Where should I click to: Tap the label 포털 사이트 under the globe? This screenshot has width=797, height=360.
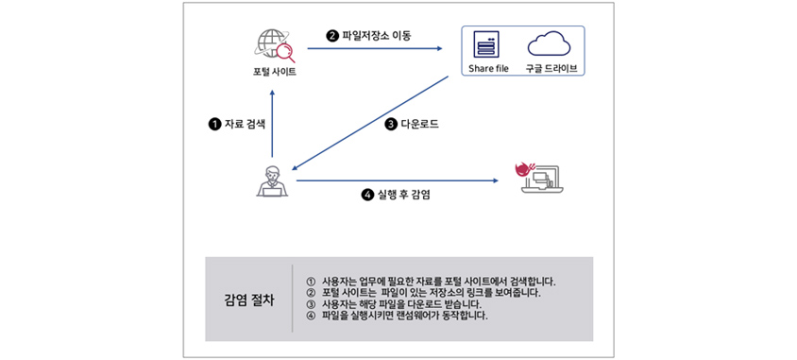(x=274, y=72)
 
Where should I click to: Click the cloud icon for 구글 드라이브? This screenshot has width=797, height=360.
(x=549, y=43)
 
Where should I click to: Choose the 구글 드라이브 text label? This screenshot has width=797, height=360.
(x=550, y=69)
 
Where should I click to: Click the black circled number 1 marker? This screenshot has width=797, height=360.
(x=214, y=124)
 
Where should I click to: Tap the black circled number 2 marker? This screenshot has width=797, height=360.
(x=331, y=36)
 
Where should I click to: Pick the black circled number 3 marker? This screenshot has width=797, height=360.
(x=391, y=124)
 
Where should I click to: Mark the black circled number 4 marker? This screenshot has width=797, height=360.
(x=368, y=195)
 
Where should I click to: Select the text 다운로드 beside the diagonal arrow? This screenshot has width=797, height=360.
(x=420, y=124)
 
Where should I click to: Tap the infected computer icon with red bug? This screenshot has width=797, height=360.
(x=540, y=178)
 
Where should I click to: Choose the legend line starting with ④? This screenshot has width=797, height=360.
(x=398, y=316)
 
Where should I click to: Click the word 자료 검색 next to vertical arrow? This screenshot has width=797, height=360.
(x=245, y=124)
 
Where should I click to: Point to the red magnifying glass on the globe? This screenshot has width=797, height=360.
(x=284, y=52)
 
